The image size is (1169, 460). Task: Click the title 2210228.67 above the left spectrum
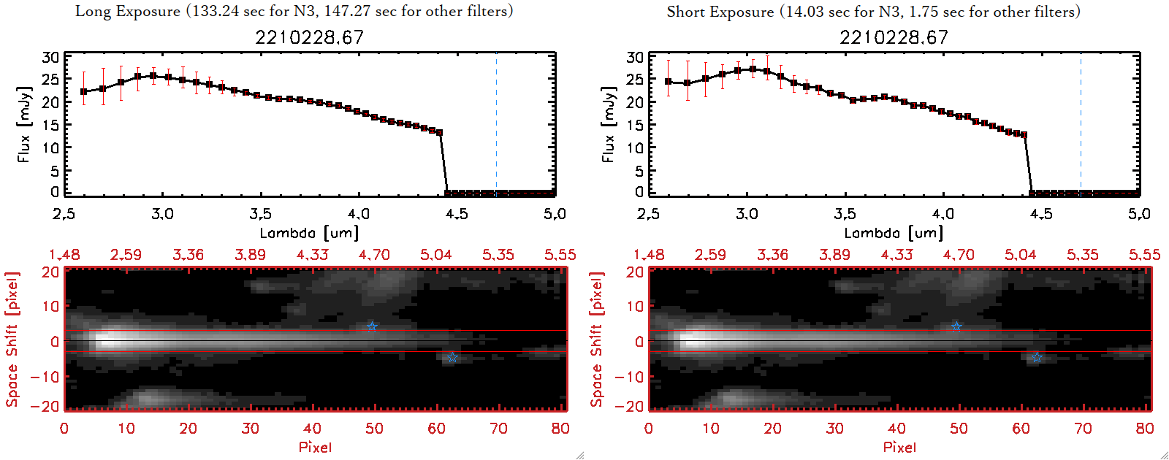tap(309, 37)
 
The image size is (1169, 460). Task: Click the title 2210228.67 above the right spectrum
tap(894, 37)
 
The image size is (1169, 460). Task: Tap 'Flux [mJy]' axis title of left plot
tap(25, 124)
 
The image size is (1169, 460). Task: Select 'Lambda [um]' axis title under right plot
tap(894, 233)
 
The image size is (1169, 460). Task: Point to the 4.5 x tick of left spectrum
tap(457, 214)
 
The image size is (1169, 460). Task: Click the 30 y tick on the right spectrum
tap(635, 57)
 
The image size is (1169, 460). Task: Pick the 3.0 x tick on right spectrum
tap(747, 214)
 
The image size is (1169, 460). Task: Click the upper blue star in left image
tap(372, 326)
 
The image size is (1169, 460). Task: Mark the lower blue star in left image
tap(452, 357)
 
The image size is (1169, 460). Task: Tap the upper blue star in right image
tap(956, 326)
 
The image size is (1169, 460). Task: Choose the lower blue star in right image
tap(1037, 357)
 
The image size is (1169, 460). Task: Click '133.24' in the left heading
tap(216, 12)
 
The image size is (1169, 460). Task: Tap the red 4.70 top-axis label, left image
tap(374, 255)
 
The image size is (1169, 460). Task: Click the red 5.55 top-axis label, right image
tap(1144, 255)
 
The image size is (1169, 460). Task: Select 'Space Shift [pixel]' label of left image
tap(12, 340)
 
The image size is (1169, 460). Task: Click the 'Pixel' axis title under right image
tap(899, 447)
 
